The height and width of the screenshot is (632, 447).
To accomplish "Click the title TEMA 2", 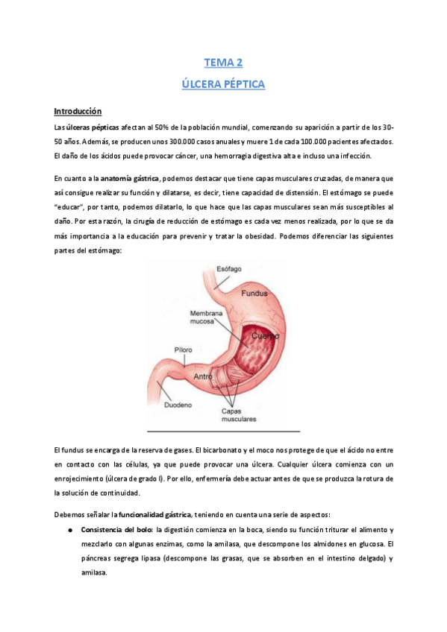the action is (x=223, y=63).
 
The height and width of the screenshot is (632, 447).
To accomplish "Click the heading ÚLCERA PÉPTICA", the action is (x=223, y=84).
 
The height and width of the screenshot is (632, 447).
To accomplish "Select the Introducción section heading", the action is (x=77, y=111).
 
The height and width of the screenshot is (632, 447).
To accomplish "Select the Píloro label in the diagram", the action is (x=184, y=348).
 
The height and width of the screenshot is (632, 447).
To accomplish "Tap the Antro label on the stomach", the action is (x=204, y=376).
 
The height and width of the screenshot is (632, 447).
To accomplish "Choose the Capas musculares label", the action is (x=237, y=415).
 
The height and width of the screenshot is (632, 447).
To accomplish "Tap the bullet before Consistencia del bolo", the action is (x=69, y=529).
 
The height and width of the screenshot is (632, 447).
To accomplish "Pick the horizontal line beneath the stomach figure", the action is (x=223, y=431).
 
